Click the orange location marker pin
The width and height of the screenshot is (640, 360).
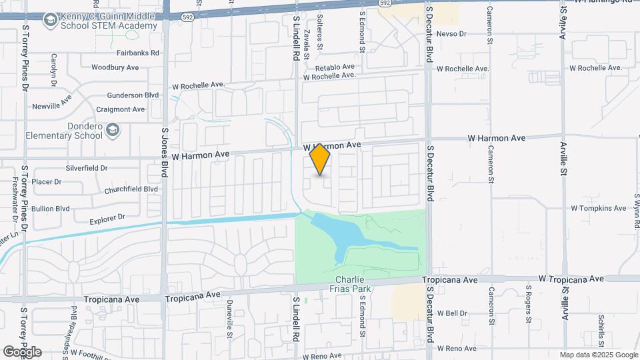click(320, 159)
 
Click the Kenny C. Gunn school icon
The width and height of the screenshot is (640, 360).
click(49, 21)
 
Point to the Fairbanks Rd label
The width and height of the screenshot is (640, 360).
click(138, 53)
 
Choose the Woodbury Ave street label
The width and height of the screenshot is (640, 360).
click(115, 67)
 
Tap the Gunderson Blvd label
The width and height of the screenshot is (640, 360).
click(133, 95)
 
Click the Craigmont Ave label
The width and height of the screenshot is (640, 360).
click(120, 109)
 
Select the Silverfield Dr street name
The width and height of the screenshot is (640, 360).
click(87, 168)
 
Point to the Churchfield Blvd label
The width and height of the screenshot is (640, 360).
click(131, 189)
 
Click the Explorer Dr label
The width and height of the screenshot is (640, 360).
click(107, 218)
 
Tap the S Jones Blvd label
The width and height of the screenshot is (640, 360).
click(165, 153)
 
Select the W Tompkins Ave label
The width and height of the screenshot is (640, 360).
click(598, 208)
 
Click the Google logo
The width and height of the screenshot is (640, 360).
click(22, 351)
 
